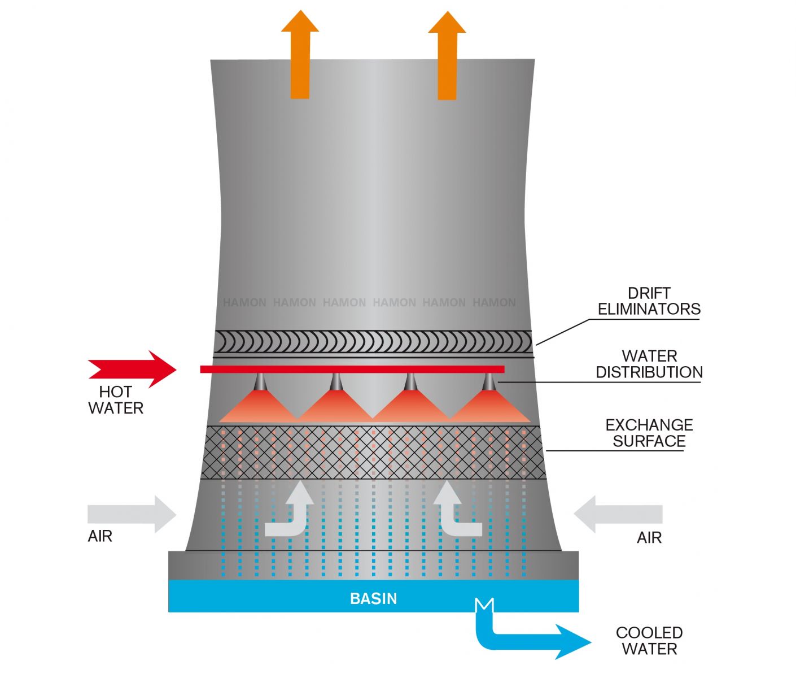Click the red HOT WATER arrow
[x=133, y=369]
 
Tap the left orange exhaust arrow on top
[x=300, y=56]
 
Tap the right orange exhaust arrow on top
[x=447, y=56]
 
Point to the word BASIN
[x=373, y=598]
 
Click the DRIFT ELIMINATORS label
[x=649, y=301]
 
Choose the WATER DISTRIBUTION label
[x=649, y=364]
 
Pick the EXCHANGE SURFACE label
[x=649, y=433]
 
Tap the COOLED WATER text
[x=649, y=641]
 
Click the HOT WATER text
[x=116, y=400]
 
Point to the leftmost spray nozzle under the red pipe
[x=260, y=383]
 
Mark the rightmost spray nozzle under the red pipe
[x=489, y=383]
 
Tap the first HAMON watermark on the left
[x=244, y=303]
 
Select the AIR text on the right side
[x=649, y=538]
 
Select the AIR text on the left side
[x=100, y=536]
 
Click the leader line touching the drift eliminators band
[x=562, y=332]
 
